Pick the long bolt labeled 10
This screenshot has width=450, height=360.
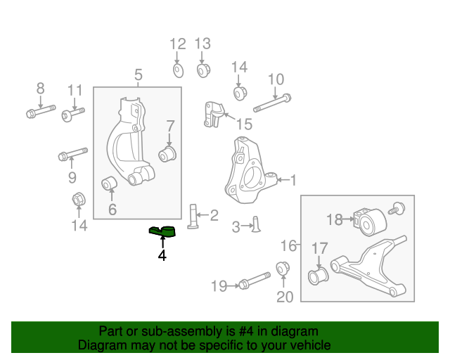[x=271, y=103]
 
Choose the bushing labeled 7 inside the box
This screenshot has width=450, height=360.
[x=169, y=153]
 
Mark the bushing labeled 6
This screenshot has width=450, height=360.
[x=110, y=184]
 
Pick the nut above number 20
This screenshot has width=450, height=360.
[x=284, y=268]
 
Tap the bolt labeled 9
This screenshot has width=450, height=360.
[x=72, y=153]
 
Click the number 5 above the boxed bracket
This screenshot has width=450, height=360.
[x=139, y=75]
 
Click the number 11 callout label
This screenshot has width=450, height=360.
[x=75, y=91]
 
